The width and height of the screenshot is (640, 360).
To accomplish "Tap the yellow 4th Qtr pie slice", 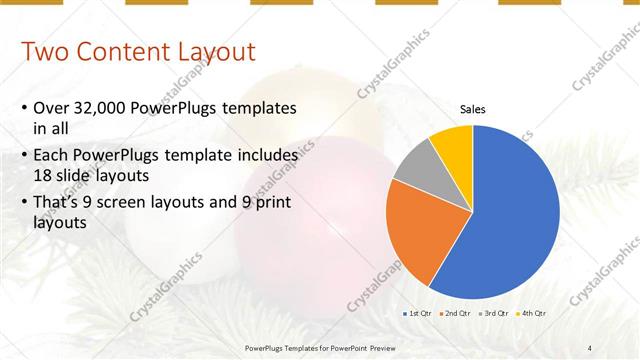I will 453,144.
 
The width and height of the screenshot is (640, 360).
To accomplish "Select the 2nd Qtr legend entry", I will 456,314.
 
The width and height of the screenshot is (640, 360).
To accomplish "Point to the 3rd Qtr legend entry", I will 495,314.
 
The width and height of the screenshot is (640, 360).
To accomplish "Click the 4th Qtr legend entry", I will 532,314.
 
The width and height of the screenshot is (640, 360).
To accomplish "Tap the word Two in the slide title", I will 44,51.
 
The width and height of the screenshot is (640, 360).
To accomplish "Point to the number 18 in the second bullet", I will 42,175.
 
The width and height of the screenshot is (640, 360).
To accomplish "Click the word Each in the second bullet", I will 51,157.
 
